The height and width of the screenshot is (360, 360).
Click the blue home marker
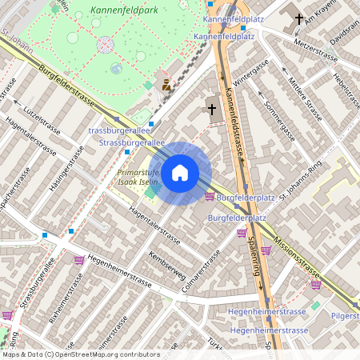click(x=180, y=171)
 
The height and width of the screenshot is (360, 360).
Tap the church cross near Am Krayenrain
click(x=299, y=18)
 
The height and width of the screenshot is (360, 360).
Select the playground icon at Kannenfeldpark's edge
click(x=166, y=84)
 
